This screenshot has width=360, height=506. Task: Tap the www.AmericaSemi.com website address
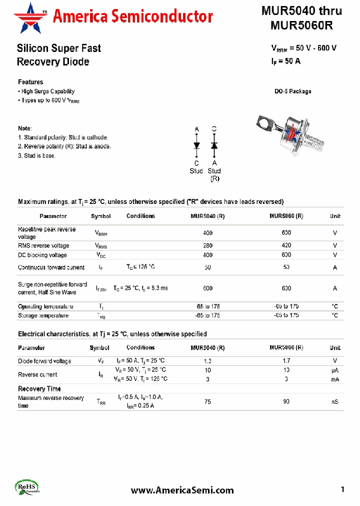click(x=182, y=490)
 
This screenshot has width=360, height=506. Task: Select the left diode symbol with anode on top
click(x=196, y=145)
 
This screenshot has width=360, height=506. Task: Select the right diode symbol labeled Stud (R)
click(x=214, y=145)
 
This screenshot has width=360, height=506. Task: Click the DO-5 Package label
click(x=292, y=91)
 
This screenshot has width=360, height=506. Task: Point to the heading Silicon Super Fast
click(x=58, y=48)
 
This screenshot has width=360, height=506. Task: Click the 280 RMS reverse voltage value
click(x=207, y=245)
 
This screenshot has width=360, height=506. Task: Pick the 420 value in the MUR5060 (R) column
click(x=286, y=245)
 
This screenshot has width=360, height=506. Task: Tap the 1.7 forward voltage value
click(x=286, y=361)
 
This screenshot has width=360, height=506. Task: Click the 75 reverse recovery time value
click(x=207, y=401)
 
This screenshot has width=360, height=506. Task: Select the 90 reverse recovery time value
click(x=286, y=401)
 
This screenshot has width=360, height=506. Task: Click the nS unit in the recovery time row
click(x=334, y=401)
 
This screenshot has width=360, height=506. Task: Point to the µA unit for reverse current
click(x=334, y=370)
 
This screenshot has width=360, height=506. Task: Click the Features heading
click(x=30, y=82)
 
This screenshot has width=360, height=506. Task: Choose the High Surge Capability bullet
click(x=47, y=91)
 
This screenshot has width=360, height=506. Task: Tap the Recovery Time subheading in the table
click(x=39, y=388)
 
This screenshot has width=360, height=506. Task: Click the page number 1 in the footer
click(x=342, y=490)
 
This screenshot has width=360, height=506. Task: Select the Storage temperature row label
click(x=43, y=315)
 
